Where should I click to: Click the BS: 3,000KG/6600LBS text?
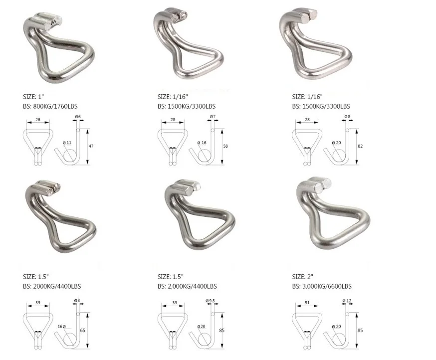(322, 286)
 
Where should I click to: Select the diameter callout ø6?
(78, 117)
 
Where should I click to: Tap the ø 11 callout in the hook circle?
(67, 143)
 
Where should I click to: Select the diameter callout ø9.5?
(211, 301)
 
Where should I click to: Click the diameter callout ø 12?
(347, 301)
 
